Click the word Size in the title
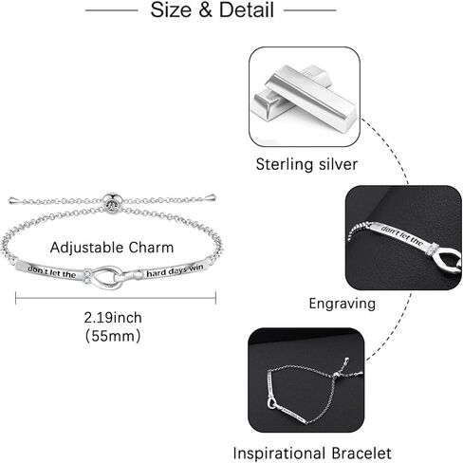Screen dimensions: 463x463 click(171, 9)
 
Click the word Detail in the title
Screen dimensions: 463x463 click(247, 9)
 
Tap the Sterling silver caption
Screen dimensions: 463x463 click(306, 164)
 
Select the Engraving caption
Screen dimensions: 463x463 click(343, 304)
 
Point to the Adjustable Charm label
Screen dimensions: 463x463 click(112, 248)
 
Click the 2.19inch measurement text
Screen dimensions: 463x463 click(113, 318)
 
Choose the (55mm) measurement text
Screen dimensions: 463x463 click(113, 336)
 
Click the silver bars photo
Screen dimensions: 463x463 click(305, 97)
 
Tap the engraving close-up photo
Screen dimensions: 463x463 click(403, 238)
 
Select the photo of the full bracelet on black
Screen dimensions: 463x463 click(306, 380)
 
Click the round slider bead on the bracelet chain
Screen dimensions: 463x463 click(112, 202)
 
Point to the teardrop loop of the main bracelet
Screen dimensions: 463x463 click(107, 278)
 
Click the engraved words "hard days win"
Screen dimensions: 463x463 click(175, 271)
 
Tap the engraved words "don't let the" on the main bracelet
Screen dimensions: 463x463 click(52, 272)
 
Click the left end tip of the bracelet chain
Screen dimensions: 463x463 click(9, 200)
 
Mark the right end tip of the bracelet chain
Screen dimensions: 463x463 click(215, 198)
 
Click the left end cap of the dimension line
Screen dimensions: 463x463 click(16, 298)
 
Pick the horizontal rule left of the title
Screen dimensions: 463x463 click(112, 10)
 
